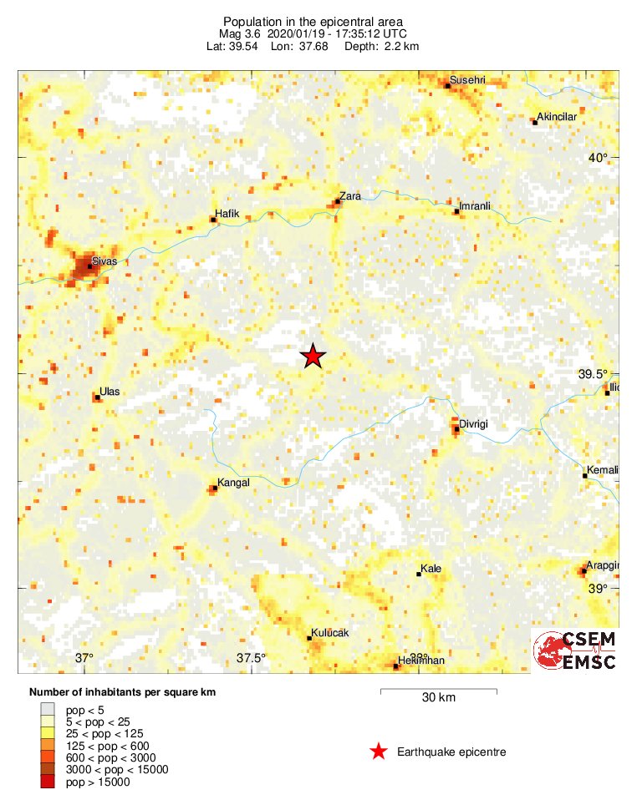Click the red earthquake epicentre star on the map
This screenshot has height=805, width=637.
pos(313,357)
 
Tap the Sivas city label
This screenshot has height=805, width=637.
pos(104,261)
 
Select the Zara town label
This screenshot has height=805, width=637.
pos(349,196)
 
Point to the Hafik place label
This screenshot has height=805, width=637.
pos(227,214)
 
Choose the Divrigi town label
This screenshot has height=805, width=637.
pos(473,424)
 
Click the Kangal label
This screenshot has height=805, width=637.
pos(233,483)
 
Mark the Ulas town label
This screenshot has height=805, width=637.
pos(110,391)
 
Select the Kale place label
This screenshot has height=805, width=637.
pos(431,569)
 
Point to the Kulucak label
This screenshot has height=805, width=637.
pos(329,633)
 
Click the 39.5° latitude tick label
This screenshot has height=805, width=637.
pos(595,374)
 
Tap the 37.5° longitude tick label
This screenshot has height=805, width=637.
pos(251,658)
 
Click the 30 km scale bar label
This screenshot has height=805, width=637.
pos(438,698)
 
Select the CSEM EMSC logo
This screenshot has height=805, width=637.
pos(576,651)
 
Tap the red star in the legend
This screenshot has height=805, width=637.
pos(379,752)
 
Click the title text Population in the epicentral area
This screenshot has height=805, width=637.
pos(313,21)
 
